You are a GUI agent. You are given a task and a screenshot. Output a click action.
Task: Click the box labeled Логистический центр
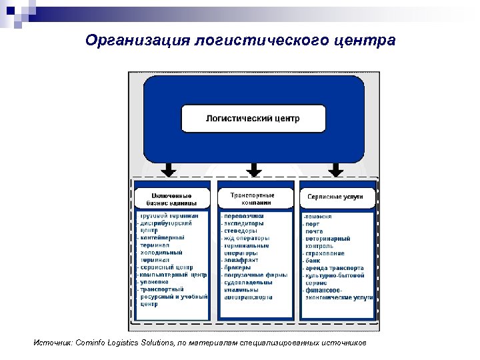click(253, 119)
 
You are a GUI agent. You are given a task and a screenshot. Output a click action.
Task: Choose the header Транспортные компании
click(253, 198)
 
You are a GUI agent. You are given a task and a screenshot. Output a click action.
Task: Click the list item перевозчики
click(243, 216)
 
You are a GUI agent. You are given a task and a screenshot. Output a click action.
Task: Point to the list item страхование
click(326, 253)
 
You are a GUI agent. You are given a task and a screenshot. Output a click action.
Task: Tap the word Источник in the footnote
click(51, 343)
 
